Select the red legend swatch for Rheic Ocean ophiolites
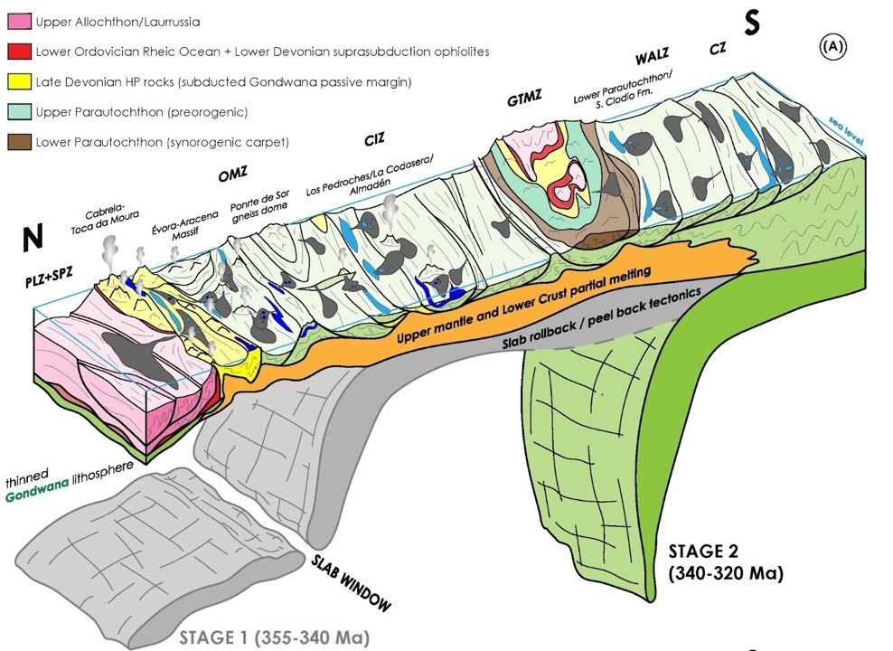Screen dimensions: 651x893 18,51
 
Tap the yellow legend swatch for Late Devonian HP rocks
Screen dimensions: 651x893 18,82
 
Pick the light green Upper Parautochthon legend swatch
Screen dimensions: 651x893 18,113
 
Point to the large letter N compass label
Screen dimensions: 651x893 33,238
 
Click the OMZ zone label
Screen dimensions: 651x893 232,176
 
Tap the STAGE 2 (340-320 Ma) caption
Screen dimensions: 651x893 725,561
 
